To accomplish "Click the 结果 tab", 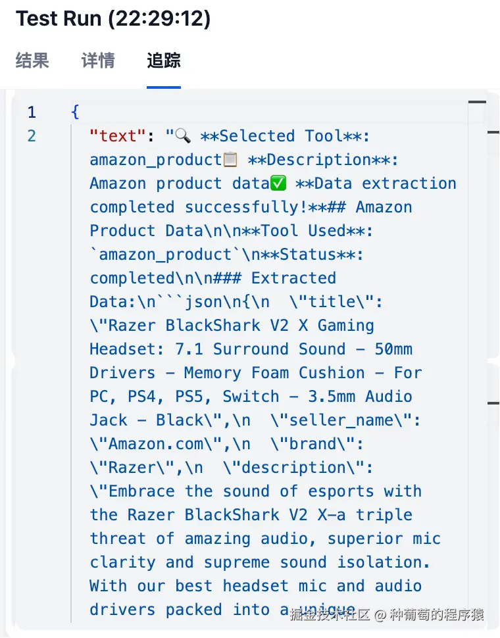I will pyautogui.click(x=32, y=61).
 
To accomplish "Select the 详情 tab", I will pyautogui.click(x=98, y=61).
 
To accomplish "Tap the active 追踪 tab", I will pyautogui.click(x=164, y=61).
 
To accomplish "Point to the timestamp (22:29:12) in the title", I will pyautogui.click(x=159, y=18).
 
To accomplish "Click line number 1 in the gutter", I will pyautogui.click(x=32, y=112).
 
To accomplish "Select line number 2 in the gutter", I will pyautogui.click(x=32, y=136).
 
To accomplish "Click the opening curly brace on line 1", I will pyautogui.click(x=75, y=112).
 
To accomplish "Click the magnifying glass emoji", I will pyautogui.click(x=183, y=136).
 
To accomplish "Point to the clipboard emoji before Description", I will pyautogui.click(x=230, y=160).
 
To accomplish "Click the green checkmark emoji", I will pyautogui.click(x=278, y=184).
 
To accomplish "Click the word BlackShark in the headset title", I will pyautogui.click(x=213, y=326).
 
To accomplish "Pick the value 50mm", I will pyautogui.click(x=393, y=349).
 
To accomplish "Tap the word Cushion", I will pyautogui.click(x=332, y=373).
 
